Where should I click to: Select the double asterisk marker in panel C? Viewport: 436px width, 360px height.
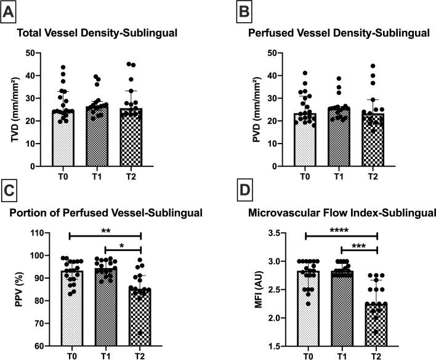click(105, 231)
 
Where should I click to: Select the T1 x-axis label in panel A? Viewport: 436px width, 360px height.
click(102, 174)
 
